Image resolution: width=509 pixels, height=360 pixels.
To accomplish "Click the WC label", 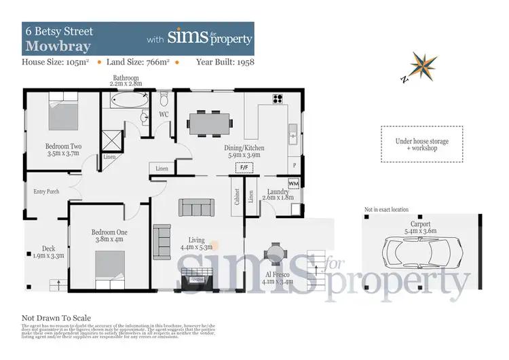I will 164,115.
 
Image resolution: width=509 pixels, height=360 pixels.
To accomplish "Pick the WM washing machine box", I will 293,183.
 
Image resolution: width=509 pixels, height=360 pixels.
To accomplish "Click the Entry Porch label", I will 46,192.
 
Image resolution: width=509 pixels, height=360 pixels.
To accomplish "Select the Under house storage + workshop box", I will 421,144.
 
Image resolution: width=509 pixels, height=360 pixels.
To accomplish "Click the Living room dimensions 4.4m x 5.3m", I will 197,247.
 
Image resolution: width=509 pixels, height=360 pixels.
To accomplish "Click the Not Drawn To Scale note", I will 56,318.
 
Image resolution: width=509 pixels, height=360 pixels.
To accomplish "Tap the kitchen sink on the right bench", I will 293,133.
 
